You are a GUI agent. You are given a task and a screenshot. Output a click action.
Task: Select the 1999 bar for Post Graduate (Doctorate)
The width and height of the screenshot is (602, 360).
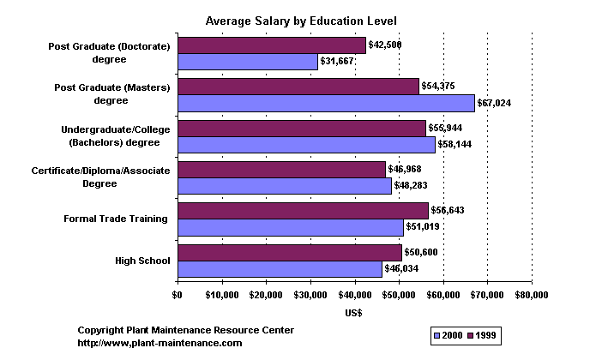(271, 45)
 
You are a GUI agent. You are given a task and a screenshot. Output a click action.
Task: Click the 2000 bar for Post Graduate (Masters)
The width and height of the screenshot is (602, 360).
(326, 103)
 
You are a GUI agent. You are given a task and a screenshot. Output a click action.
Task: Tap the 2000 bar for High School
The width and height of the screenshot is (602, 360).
(280, 268)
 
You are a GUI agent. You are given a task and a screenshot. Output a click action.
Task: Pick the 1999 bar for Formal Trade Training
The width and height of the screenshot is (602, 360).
(303, 211)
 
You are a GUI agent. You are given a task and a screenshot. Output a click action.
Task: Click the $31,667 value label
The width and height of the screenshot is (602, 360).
(337, 62)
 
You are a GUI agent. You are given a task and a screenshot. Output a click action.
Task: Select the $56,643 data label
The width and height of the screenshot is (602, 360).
(448, 210)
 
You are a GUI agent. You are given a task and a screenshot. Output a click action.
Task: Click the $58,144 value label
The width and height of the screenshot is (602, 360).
(455, 144)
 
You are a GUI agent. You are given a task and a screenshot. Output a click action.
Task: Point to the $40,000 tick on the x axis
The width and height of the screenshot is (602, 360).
(355, 296)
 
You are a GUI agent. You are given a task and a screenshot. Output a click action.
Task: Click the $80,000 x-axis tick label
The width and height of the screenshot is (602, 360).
(532, 296)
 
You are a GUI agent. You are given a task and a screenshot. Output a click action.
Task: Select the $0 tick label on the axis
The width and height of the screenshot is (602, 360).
(178, 296)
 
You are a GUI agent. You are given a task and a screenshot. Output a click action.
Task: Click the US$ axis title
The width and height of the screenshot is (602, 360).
(353, 313)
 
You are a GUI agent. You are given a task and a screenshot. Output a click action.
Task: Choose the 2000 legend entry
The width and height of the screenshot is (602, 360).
(450, 334)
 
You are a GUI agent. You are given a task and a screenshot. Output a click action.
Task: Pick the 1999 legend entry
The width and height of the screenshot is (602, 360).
(485, 334)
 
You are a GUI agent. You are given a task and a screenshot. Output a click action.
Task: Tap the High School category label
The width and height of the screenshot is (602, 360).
(142, 261)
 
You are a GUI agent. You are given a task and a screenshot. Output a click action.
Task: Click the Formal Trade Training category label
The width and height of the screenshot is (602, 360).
(116, 219)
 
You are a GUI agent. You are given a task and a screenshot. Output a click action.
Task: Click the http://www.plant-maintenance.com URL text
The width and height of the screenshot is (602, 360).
(160, 343)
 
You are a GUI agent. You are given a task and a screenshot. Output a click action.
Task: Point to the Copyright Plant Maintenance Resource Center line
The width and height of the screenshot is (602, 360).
(186, 330)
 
